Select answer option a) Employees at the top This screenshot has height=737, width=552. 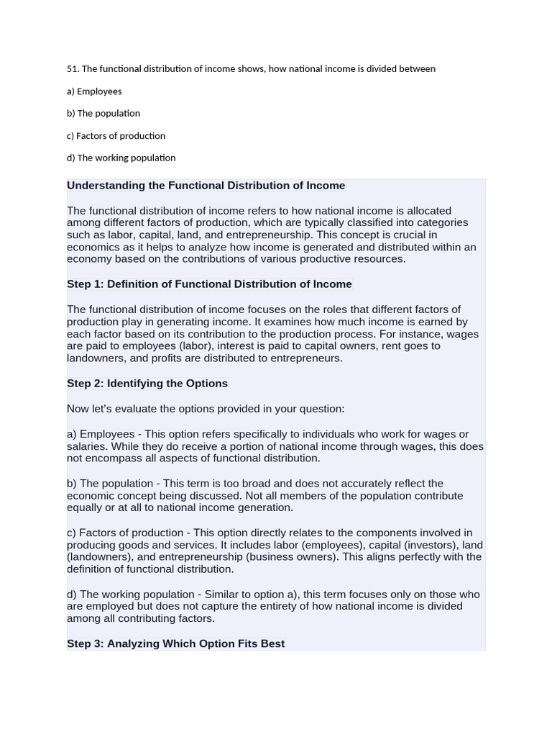94,91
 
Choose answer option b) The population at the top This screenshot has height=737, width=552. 103,114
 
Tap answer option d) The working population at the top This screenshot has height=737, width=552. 121,158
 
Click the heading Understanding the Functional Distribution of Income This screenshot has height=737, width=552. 206,186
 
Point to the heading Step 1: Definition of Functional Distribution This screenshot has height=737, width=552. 209,284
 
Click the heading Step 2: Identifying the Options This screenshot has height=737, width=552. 147,384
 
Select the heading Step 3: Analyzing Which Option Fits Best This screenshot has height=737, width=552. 176,643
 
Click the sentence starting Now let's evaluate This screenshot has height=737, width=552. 206,409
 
